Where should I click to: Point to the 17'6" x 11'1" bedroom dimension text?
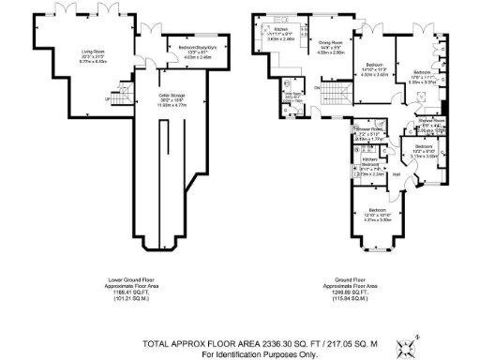coord(423,77)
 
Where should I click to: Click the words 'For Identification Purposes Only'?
coord(260,354)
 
